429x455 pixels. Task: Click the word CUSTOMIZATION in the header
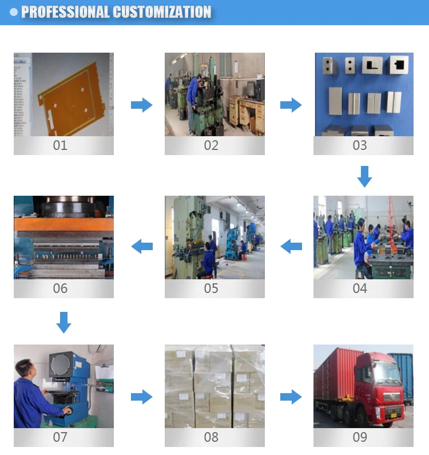tap(162, 12)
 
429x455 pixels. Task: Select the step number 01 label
tap(60, 145)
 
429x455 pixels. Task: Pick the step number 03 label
tap(360, 145)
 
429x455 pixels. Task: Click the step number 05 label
tap(211, 288)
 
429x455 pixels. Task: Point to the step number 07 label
tap(60, 437)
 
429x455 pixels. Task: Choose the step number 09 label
tap(360, 437)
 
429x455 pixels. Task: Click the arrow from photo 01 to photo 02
tap(141, 105)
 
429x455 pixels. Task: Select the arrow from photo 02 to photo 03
tap(291, 105)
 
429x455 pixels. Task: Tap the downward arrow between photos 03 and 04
tap(364, 176)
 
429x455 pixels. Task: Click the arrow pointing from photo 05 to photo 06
tap(142, 247)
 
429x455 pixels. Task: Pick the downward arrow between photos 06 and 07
tap(63, 322)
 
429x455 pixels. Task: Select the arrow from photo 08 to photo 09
tap(291, 397)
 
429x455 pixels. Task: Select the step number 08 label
tap(211, 437)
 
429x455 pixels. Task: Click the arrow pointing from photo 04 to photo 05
tap(291, 247)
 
